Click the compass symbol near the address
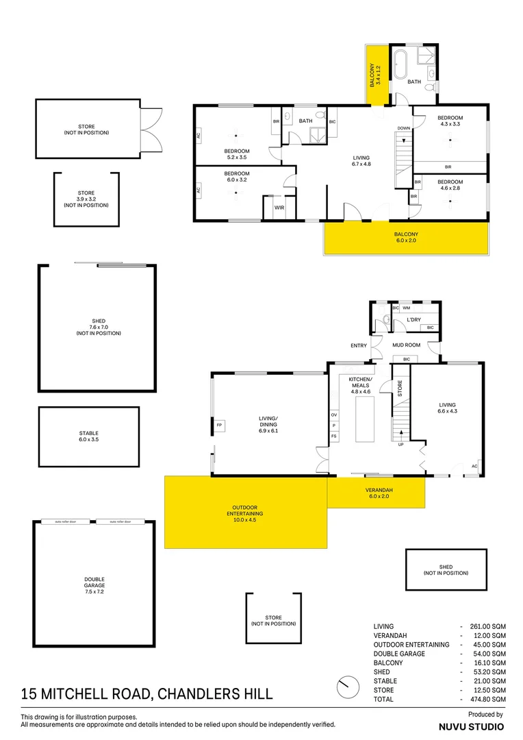(x=348, y=685)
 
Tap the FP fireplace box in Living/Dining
(x=220, y=425)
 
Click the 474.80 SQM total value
(x=487, y=700)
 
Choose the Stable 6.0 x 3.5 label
(x=89, y=436)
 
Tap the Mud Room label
(x=406, y=345)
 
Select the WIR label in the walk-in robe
(x=279, y=207)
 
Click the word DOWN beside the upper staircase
(x=403, y=128)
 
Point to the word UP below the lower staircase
(x=400, y=445)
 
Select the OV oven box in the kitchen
(x=334, y=415)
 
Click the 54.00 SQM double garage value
(x=487, y=654)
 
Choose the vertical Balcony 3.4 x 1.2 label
(x=376, y=76)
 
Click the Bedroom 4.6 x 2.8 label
(x=450, y=185)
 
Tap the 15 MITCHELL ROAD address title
(x=146, y=695)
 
